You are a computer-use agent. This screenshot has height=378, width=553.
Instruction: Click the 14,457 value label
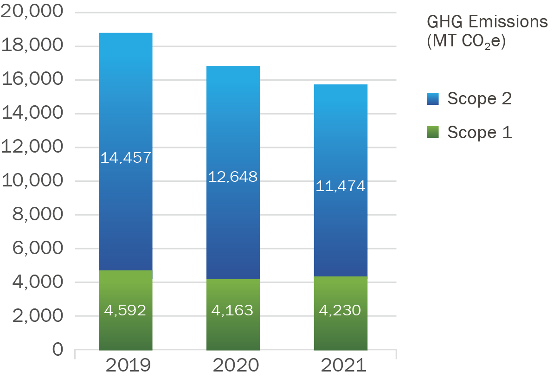coord(126,158)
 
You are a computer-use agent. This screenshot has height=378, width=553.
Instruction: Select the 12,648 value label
coord(233,177)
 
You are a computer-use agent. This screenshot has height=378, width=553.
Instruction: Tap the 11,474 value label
coord(341,186)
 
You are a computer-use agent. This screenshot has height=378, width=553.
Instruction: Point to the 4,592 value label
coord(125,310)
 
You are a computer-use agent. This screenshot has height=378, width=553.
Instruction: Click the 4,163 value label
coord(232,310)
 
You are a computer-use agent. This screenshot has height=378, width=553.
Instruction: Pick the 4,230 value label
coord(340,310)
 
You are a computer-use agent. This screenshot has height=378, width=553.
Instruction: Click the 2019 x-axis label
coord(128,365)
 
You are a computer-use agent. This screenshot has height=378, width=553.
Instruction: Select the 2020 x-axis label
coord(236,365)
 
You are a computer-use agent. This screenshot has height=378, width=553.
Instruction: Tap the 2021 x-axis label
coord(344,365)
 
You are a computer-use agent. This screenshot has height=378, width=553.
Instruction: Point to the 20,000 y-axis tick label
coord(32,12)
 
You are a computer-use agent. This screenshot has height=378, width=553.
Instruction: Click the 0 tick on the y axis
coord(58,349)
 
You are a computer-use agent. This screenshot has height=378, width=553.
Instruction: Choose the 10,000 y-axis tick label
coord(32,180)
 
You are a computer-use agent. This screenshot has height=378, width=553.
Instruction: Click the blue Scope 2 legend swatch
coord(432,99)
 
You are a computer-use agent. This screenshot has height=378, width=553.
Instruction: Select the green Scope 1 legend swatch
coord(432,133)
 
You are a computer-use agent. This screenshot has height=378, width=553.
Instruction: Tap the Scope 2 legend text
coord(479,99)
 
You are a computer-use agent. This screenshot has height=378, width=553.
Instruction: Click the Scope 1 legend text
coord(479,133)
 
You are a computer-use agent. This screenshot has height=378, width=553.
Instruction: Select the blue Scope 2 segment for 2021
coord(341,139)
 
